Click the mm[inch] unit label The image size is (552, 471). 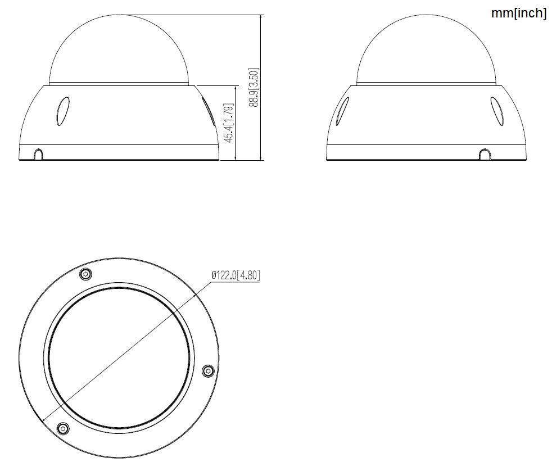click(518, 13)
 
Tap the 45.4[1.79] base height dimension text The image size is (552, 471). click(228, 123)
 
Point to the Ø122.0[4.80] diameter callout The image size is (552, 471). click(236, 275)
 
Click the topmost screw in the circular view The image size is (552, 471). click(85, 274)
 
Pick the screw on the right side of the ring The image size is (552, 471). click(207, 370)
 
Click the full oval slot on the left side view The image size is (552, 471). click(62, 111)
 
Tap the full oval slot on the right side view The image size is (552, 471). click(497, 111)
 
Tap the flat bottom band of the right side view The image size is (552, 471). click(426, 153)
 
